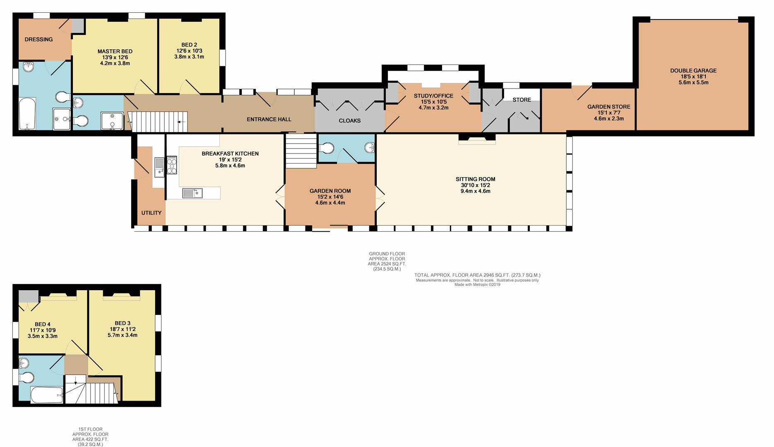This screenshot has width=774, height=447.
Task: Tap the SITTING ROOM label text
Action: [x=475, y=179]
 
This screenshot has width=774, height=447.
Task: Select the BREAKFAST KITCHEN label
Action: [x=230, y=154]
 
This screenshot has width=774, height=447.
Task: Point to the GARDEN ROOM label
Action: [x=330, y=191]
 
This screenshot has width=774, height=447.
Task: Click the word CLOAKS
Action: [x=350, y=121]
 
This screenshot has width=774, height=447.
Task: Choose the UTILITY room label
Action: [x=151, y=213]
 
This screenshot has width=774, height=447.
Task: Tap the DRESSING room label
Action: [x=38, y=40]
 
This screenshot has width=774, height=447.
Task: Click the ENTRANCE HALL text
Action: [x=269, y=119]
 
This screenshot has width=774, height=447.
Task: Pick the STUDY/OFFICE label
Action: [x=434, y=96]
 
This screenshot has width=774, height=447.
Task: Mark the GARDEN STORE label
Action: [x=609, y=107]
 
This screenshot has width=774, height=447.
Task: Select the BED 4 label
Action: [x=43, y=324]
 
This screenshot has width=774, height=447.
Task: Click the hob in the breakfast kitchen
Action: [x=172, y=165]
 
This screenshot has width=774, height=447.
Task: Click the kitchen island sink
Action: [x=192, y=193]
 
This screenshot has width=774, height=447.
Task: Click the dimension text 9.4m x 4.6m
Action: [x=475, y=191]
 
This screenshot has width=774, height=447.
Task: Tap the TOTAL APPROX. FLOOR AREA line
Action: [x=477, y=275]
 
